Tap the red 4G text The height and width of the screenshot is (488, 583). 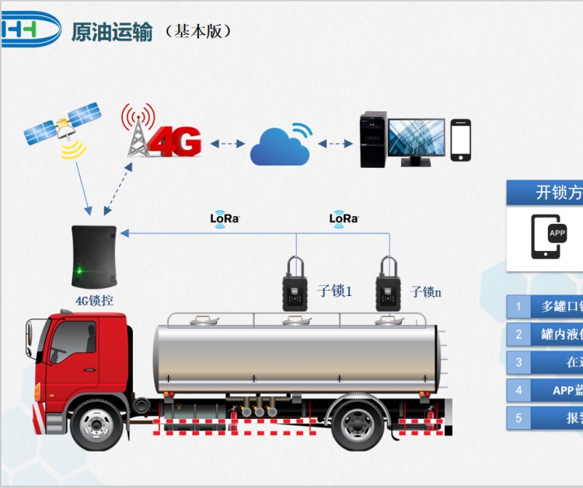tap(175, 141)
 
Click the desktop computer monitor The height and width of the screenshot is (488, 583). tap(416, 141)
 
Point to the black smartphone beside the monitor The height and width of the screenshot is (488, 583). tap(461, 140)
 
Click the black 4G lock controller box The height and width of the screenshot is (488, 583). tap(94, 256)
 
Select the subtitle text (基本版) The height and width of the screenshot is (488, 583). tap(199, 32)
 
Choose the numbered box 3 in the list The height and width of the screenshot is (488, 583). tap(518, 362)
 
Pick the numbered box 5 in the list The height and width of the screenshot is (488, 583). tap(518, 418)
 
